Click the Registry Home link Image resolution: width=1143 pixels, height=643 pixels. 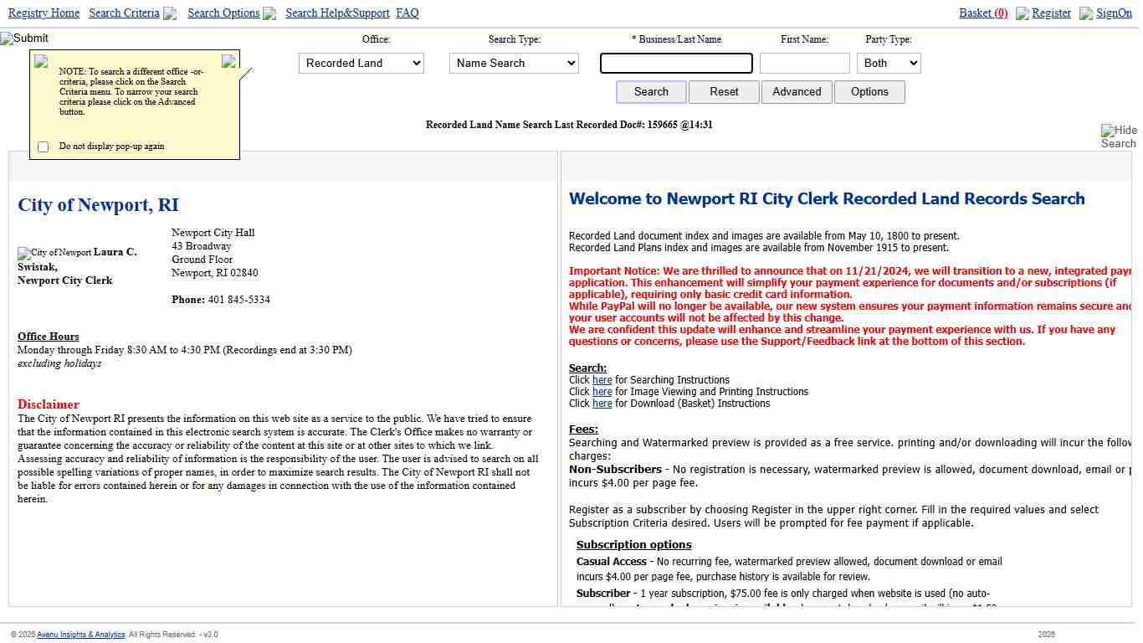click(x=44, y=13)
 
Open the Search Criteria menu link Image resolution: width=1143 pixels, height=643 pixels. click(x=124, y=13)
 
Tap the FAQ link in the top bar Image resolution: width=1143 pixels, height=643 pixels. click(x=407, y=13)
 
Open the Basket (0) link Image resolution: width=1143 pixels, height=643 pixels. click(x=983, y=13)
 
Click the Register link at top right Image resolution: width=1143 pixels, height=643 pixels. click(x=1051, y=13)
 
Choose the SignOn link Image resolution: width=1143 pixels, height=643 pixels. click(x=1114, y=13)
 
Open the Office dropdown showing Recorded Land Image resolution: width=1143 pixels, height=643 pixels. click(x=361, y=64)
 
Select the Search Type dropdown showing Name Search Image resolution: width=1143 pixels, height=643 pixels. click(x=514, y=64)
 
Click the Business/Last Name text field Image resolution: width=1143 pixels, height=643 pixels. click(x=676, y=64)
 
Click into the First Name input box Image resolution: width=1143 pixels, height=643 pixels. click(x=804, y=64)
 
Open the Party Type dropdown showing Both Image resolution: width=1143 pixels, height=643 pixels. click(x=889, y=64)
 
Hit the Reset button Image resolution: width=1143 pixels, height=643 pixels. click(x=724, y=92)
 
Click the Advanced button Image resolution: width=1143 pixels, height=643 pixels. click(x=797, y=92)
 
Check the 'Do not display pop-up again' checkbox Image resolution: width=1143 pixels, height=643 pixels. click(x=44, y=147)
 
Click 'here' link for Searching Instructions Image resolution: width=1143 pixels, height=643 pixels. click(x=602, y=380)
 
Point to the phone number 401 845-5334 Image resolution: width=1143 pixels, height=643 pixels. click(x=238, y=300)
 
